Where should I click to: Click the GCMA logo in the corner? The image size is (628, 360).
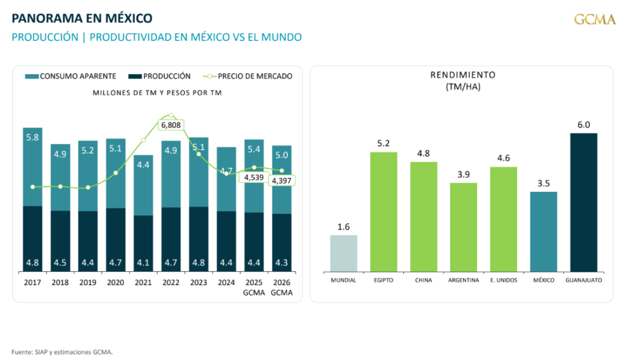(594, 20)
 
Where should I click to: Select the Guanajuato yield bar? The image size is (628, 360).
(583, 202)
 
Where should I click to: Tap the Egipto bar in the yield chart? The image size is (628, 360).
(383, 212)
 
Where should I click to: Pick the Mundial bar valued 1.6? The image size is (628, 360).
(343, 253)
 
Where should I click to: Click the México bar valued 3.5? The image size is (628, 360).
(543, 232)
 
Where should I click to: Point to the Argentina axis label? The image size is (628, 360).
(463, 280)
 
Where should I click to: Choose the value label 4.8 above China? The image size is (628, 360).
(423, 154)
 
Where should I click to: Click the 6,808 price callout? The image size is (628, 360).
(170, 125)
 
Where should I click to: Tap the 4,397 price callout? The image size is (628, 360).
(282, 181)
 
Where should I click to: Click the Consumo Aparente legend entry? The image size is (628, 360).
(71, 77)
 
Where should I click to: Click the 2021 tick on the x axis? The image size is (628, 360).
(143, 283)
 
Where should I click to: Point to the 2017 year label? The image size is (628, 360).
(33, 283)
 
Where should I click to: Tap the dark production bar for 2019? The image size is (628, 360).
(88, 242)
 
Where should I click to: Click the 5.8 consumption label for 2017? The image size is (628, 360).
(33, 137)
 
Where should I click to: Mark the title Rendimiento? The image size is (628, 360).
(463, 75)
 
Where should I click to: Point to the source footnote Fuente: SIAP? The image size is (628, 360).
(63, 352)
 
